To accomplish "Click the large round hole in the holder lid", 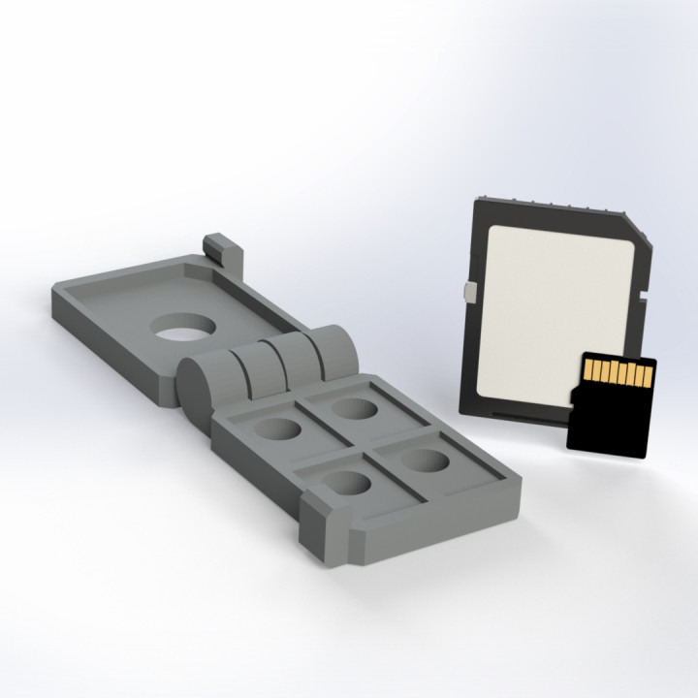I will [x=182, y=330].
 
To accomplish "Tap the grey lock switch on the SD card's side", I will [x=469, y=292].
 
